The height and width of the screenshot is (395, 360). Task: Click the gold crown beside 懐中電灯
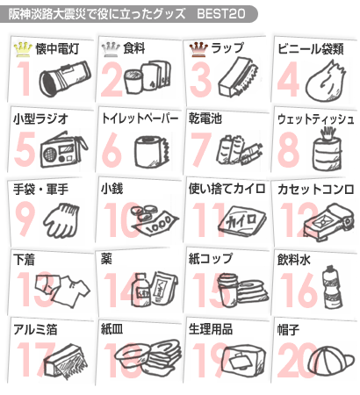[23, 49]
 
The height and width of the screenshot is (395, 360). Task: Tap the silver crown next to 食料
[111, 49]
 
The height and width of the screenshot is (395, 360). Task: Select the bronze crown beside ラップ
[198, 49]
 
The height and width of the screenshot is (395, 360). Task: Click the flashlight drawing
[65, 78]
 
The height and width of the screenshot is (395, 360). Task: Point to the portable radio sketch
[64, 150]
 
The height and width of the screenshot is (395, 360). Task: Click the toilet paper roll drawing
[151, 152]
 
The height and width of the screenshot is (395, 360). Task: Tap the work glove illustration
[62, 220]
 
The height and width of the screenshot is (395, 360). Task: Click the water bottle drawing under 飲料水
[331, 287]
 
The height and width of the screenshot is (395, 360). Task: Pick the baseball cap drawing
[331, 361]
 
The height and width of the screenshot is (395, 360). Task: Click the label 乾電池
[205, 118]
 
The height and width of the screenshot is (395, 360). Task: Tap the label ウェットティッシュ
[316, 119]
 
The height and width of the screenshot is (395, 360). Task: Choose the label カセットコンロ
[316, 190]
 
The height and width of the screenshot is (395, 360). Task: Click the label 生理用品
[211, 329]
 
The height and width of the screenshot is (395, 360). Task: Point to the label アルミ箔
[35, 329]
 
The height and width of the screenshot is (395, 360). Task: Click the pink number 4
[289, 79]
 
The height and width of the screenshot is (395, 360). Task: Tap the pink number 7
[201, 149]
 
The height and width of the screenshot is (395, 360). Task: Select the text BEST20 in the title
[221, 14]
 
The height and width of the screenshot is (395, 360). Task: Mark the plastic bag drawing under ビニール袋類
[326, 82]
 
